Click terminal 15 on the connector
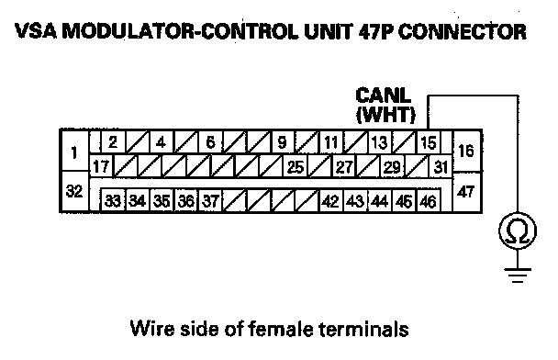(429, 142)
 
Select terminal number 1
(74, 151)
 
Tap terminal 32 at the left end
(74, 192)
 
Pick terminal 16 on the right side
(466, 151)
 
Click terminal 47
(466, 192)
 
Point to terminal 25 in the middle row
(296, 166)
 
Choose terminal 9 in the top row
(283, 142)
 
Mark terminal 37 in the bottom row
(210, 201)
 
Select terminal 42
(330, 201)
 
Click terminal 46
(428, 201)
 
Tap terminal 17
(101, 166)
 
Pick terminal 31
(441, 166)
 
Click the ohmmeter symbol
(518, 231)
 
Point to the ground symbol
(518, 275)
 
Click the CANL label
(384, 96)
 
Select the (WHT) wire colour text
(385, 115)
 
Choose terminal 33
(113, 201)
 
